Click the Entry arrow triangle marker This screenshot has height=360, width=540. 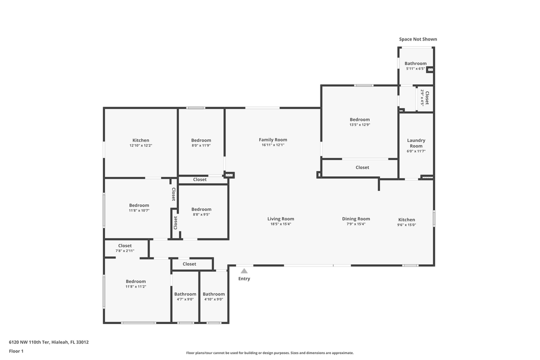pos(244,271)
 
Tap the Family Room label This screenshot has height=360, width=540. pos(273,140)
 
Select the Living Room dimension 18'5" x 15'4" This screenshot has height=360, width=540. pos(280,224)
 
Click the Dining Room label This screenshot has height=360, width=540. pos(356,219)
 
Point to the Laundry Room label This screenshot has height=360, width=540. pos(416,143)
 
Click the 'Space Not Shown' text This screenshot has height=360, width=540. pos(417,39)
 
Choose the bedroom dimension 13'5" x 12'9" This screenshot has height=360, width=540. pos(360,125)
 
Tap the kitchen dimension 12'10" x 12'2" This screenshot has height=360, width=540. pos(140,145)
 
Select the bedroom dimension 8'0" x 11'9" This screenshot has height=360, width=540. pos(201,145)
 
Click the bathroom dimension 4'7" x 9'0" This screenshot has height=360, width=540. pos(185,299)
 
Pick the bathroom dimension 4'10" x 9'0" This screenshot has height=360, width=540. pos(213,299)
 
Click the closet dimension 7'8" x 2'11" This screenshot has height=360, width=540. pos(125,251)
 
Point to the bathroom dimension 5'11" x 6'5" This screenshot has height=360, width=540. pos(415,68)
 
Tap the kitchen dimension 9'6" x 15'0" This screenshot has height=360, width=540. pos(406,225)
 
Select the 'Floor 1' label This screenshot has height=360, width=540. pos(16,351)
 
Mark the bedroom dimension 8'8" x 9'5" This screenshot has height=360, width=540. pos(201,214)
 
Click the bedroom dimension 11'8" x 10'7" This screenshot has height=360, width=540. pos(139,210)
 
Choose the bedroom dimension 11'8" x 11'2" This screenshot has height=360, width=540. pos(135,286)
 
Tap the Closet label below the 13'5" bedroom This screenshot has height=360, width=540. pos(362,167)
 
